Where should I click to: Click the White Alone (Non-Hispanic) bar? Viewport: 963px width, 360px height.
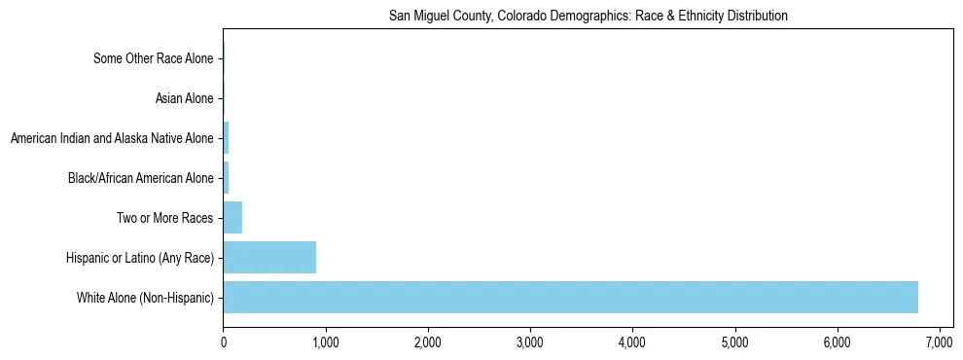(x=570, y=297)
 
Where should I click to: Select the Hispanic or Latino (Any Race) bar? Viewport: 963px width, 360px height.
(x=269, y=258)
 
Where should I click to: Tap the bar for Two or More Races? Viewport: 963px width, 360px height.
(x=232, y=218)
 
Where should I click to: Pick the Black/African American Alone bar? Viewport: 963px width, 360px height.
(x=226, y=178)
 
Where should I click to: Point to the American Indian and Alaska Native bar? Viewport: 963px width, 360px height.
(x=226, y=138)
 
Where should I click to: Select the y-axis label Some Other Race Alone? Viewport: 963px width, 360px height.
(x=153, y=58)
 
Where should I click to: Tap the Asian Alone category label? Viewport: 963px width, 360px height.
(x=184, y=98)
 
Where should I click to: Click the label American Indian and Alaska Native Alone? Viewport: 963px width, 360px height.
(x=112, y=138)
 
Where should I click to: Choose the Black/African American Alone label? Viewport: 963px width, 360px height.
(x=141, y=178)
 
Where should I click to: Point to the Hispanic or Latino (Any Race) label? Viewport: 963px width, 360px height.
(x=141, y=258)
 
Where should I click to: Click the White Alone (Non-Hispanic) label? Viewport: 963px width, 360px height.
(x=145, y=297)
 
